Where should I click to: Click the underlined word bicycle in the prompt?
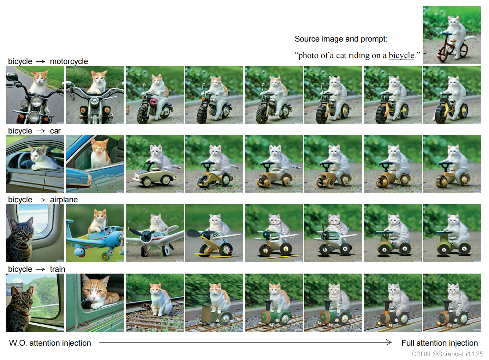(x=402, y=56)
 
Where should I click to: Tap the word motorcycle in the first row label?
(x=69, y=61)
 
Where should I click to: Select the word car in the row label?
(x=55, y=131)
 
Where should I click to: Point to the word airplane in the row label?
(x=64, y=200)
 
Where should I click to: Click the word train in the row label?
(x=58, y=269)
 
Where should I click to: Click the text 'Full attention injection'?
(x=440, y=343)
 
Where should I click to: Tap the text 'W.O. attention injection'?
(x=50, y=343)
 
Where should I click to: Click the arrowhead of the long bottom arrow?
(x=389, y=342)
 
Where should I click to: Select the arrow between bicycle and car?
(x=41, y=131)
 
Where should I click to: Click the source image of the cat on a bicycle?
(x=452, y=35)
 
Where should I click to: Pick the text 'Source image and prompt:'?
(x=341, y=39)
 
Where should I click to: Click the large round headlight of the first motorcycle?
(x=36, y=101)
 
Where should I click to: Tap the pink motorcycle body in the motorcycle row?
(x=154, y=102)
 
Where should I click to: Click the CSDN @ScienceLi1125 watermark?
(x=447, y=354)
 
